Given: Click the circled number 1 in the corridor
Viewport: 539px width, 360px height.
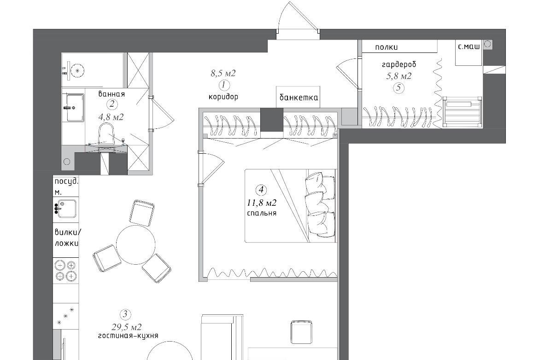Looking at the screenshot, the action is click(224, 85).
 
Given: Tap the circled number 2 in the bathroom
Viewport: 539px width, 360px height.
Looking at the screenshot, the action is click(111, 105).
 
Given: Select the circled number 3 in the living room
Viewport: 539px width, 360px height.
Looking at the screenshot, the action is click(125, 314).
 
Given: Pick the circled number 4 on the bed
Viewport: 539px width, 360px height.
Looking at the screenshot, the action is click(261, 190).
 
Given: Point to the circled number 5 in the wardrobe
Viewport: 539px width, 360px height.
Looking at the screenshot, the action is click(399, 87).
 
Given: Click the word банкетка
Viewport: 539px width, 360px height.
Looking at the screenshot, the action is click(299, 98).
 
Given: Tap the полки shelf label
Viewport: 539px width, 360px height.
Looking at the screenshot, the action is click(386, 47).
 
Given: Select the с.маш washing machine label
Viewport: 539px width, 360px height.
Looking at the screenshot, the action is click(469, 46).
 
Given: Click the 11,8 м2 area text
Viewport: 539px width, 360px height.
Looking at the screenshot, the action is click(262, 203).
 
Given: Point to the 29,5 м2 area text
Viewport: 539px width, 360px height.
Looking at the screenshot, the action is click(127, 327).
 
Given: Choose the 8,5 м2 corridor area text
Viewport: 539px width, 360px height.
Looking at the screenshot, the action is click(223, 73).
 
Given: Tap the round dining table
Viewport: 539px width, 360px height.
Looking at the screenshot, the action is click(136, 244).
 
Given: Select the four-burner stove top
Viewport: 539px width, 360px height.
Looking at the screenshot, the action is click(66, 270).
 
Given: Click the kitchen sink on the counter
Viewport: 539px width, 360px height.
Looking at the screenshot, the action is click(67, 209).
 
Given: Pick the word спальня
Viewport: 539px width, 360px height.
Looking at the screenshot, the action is click(262, 213).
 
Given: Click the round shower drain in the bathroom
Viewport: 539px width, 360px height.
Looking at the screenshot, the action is click(78, 71).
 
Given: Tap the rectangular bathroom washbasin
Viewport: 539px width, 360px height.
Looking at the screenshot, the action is click(75, 108).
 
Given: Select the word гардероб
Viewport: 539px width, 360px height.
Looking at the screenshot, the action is click(399, 64).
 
